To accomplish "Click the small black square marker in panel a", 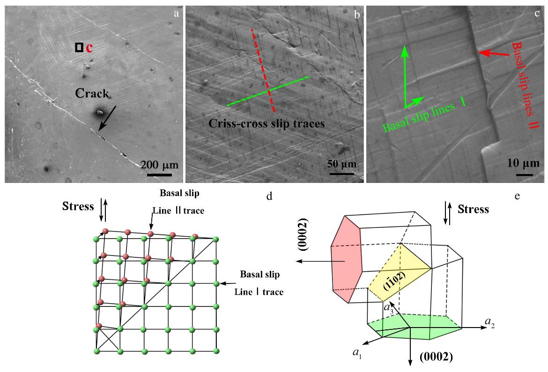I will tap(80, 47).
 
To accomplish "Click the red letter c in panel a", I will tap(89, 48).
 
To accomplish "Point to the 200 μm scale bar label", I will tap(156, 166).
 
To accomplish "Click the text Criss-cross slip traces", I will tap(267, 124).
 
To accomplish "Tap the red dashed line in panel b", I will tap(263, 70).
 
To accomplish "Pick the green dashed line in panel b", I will tap(267, 91).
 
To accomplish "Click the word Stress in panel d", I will tap(78, 206).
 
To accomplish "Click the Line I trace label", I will tap(259, 292).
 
